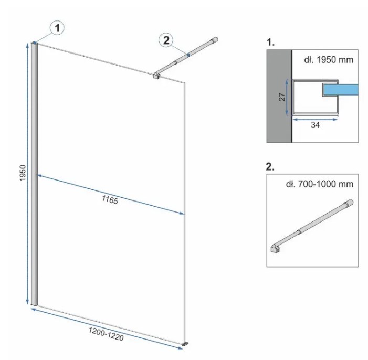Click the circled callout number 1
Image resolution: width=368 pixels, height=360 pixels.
[x=57, y=28]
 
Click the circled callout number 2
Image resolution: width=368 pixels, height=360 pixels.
[x=166, y=40]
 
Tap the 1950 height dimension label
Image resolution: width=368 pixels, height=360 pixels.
[x=23, y=173]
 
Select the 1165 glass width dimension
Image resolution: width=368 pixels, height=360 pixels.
[x=110, y=200]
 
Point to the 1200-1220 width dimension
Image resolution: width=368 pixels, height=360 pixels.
[x=106, y=334]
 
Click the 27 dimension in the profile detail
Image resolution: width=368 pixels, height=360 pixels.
[x=282, y=97]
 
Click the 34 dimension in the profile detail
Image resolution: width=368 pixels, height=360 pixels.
[x=315, y=125]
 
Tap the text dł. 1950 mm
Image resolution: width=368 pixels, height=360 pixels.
[x=329, y=60]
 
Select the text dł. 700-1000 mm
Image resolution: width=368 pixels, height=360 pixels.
[x=319, y=184]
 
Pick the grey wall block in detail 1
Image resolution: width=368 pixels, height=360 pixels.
[x=279, y=96]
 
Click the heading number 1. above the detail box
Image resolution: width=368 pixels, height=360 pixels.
[x=270, y=42]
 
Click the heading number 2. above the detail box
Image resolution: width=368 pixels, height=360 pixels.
[x=270, y=167]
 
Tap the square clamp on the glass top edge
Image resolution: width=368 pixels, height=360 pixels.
[x=156, y=76]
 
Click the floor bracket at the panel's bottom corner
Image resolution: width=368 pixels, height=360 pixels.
[x=185, y=344]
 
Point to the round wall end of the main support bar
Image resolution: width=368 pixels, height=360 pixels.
[x=215, y=40]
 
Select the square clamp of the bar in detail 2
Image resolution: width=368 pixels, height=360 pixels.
[x=275, y=248]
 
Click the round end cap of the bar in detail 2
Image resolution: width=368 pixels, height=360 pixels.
[x=349, y=202]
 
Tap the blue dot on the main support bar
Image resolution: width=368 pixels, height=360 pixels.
[x=188, y=55]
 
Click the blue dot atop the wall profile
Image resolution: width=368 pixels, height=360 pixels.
[x=35, y=43]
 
